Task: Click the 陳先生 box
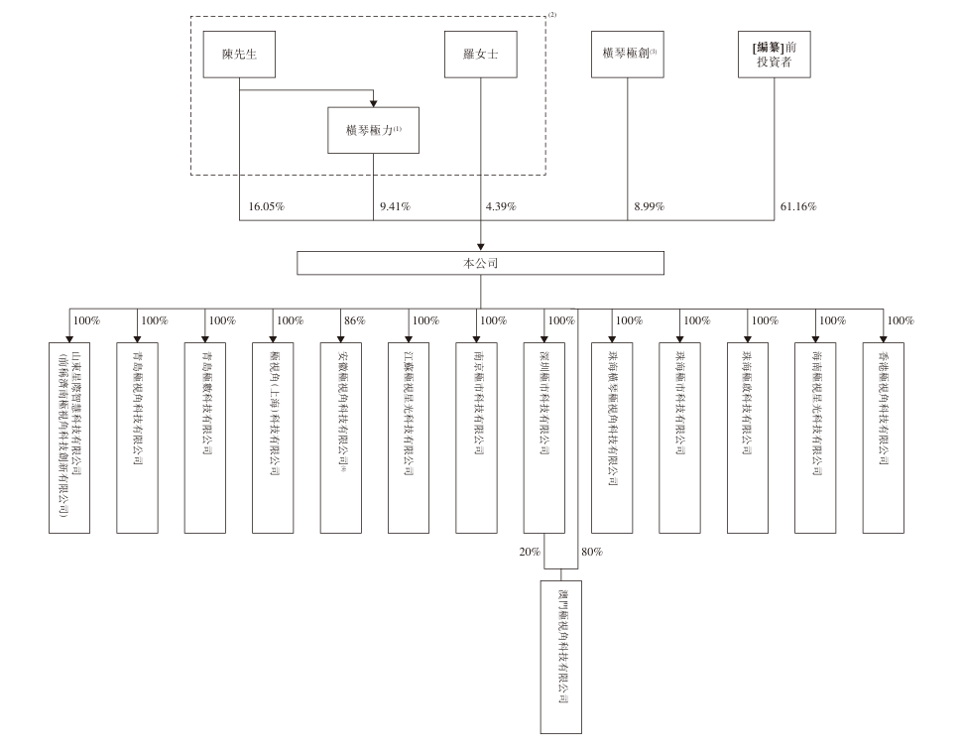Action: click(x=239, y=55)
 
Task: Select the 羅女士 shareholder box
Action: click(x=481, y=55)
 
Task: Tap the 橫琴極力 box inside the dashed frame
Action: click(x=374, y=131)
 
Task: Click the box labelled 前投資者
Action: click(x=774, y=55)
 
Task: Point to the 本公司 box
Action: click(x=481, y=263)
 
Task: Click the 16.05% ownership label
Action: click(x=267, y=207)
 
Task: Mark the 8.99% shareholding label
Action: click(x=649, y=207)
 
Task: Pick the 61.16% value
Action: click(x=797, y=207)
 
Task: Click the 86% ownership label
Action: click(x=355, y=321)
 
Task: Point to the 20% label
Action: click(x=530, y=552)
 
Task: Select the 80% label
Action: click(x=591, y=552)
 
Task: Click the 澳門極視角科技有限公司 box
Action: click(x=560, y=657)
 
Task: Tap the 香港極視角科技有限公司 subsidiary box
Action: click(x=884, y=438)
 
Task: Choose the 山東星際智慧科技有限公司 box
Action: click(x=69, y=438)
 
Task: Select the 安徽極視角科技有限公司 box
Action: click(x=341, y=438)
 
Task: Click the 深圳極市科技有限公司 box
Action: click(x=544, y=438)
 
